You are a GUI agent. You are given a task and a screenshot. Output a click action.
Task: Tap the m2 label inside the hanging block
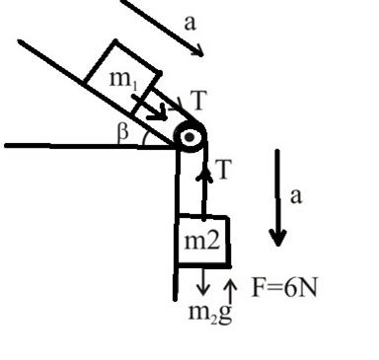point(201,241)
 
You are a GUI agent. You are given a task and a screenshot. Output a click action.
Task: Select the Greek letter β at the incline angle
point(122,133)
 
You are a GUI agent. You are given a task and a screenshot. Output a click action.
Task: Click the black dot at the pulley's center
point(189,137)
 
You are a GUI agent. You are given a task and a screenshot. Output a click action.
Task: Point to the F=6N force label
point(284,287)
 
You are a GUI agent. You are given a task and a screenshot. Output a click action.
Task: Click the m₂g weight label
point(210,313)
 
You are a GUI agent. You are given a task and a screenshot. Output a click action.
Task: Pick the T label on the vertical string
point(224,170)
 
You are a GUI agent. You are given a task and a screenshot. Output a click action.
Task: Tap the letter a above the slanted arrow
point(190,23)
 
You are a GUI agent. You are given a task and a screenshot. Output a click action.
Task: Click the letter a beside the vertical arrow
point(296,196)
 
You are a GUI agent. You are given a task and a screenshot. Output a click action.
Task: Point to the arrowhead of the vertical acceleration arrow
point(278,238)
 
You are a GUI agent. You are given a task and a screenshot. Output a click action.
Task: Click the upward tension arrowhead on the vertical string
point(204,175)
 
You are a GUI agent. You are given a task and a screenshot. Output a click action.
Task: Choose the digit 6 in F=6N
point(289,288)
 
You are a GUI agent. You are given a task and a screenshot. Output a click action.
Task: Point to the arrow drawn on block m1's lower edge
point(149,108)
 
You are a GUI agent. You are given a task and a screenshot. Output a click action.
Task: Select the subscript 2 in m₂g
point(213,319)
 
